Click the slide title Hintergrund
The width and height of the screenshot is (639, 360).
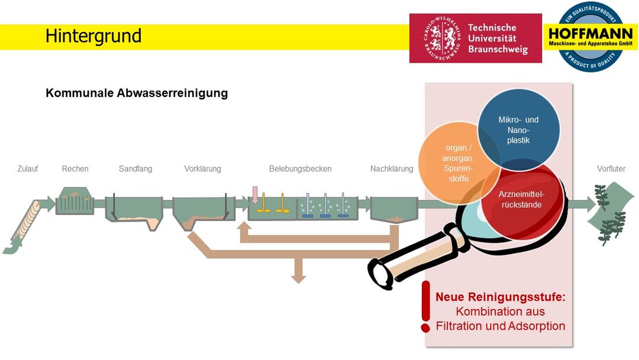click(93, 36)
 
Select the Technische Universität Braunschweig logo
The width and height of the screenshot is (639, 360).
click(475, 38)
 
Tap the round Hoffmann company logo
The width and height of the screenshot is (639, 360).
click(590, 37)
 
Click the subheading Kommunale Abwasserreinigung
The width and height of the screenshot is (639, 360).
click(137, 93)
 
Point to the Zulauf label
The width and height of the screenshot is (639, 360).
click(27, 169)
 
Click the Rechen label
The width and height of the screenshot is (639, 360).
click(75, 169)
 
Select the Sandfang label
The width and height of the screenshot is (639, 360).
click(135, 169)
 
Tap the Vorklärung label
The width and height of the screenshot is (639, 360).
click(202, 169)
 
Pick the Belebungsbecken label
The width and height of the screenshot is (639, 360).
click(300, 169)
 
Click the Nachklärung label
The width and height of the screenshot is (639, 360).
click(392, 169)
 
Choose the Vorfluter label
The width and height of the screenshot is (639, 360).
click(611, 169)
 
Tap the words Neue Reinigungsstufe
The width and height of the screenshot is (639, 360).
click(500, 297)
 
